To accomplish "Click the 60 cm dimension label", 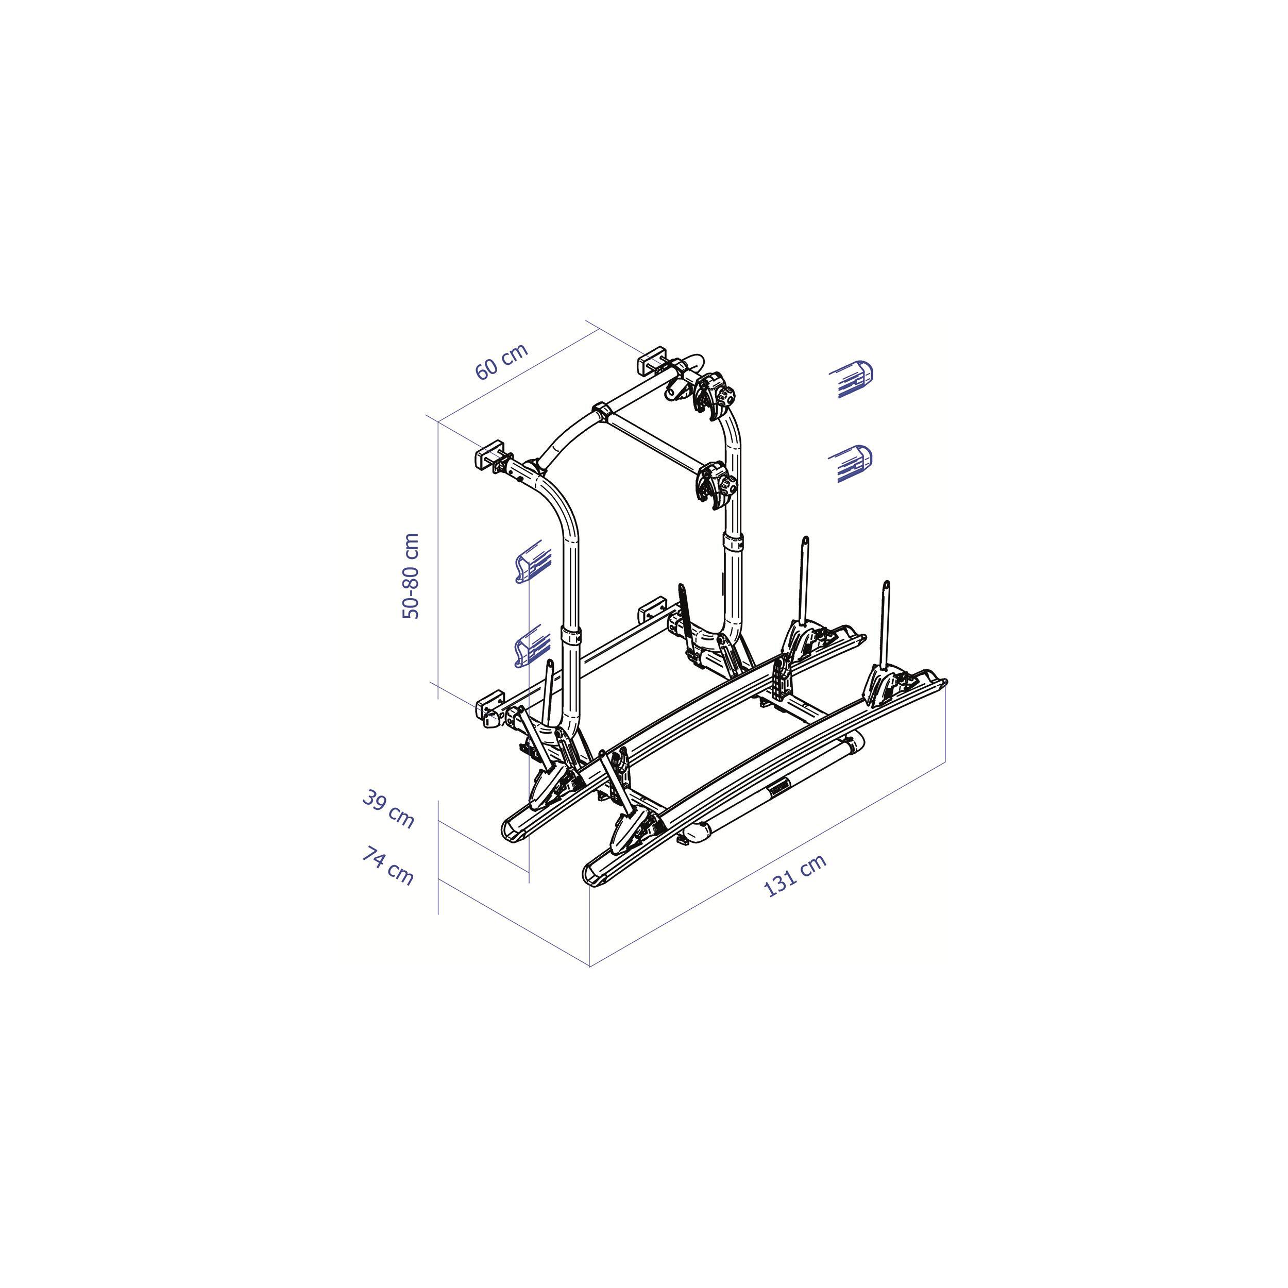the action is [501, 361].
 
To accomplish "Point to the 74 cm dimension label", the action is [388, 866].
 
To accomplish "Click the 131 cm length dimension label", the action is [794, 875].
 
